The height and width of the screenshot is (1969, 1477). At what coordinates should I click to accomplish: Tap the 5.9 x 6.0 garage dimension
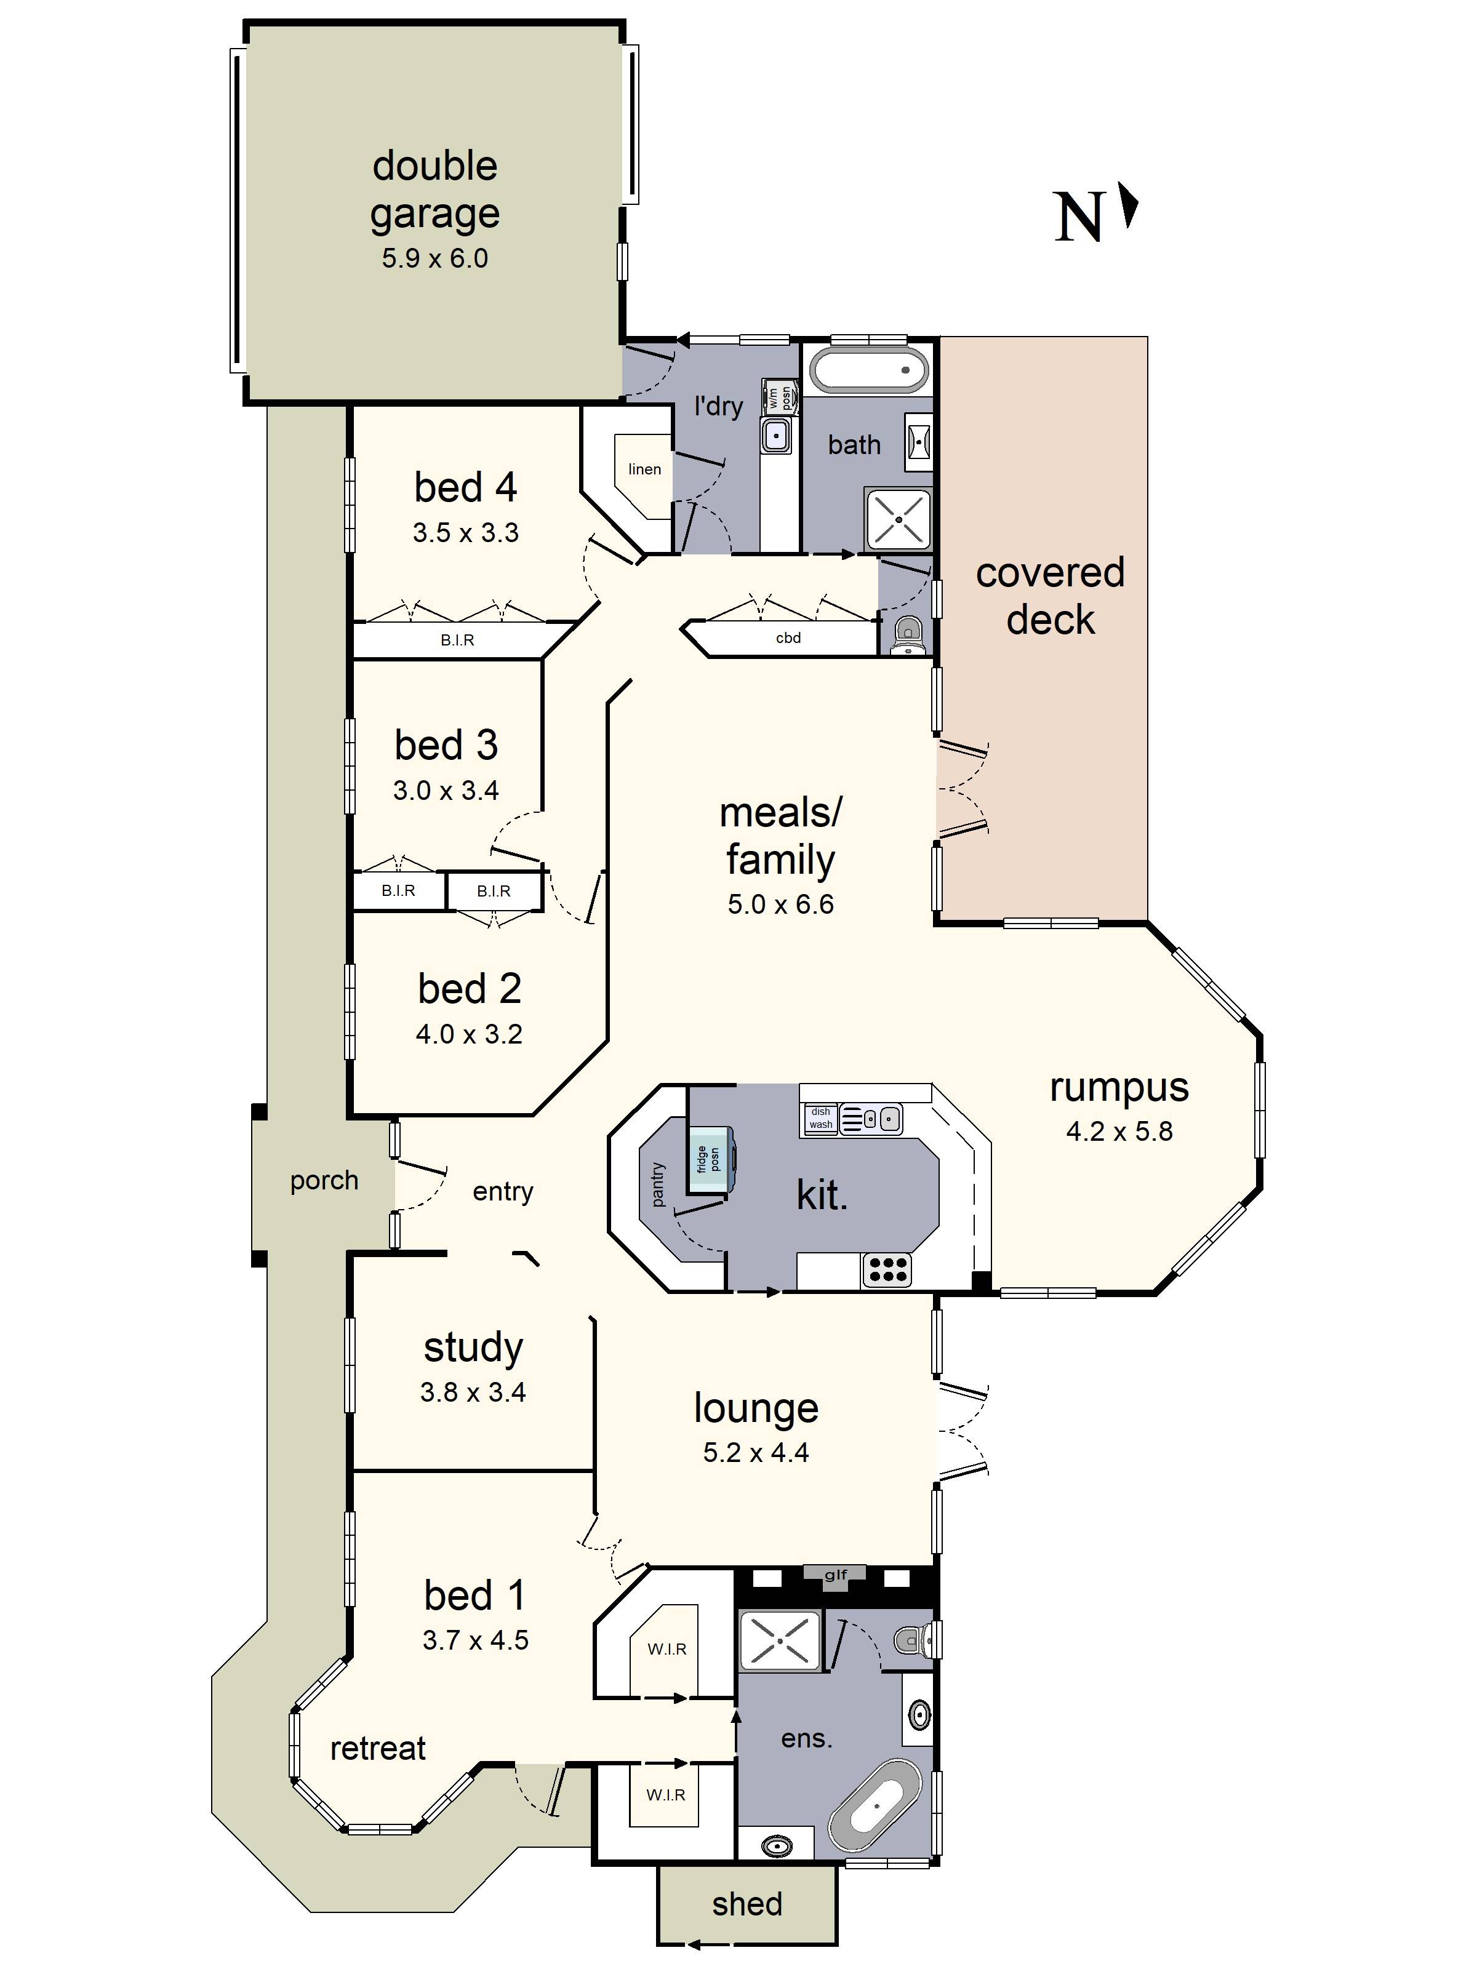click(434, 259)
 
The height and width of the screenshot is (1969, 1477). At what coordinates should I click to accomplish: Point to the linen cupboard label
click(644, 469)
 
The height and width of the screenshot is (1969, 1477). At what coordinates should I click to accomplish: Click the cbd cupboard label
click(788, 637)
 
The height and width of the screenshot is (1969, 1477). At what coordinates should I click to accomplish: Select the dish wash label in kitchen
click(820, 1118)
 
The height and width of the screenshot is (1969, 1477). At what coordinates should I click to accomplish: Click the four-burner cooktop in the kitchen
click(887, 1270)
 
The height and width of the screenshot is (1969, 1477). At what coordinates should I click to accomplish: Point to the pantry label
click(658, 1184)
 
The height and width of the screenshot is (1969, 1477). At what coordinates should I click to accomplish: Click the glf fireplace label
click(835, 1575)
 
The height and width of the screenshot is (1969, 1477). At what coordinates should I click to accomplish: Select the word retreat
click(377, 1748)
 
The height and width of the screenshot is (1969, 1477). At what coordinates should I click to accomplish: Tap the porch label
click(324, 1180)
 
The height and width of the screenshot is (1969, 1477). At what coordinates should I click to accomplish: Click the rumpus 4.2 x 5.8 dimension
click(1119, 1132)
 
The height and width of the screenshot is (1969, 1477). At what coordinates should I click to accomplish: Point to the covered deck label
click(1050, 596)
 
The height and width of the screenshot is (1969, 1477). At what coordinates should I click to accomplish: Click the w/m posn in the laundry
click(780, 396)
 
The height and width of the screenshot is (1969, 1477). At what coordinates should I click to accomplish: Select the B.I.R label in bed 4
click(457, 640)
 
